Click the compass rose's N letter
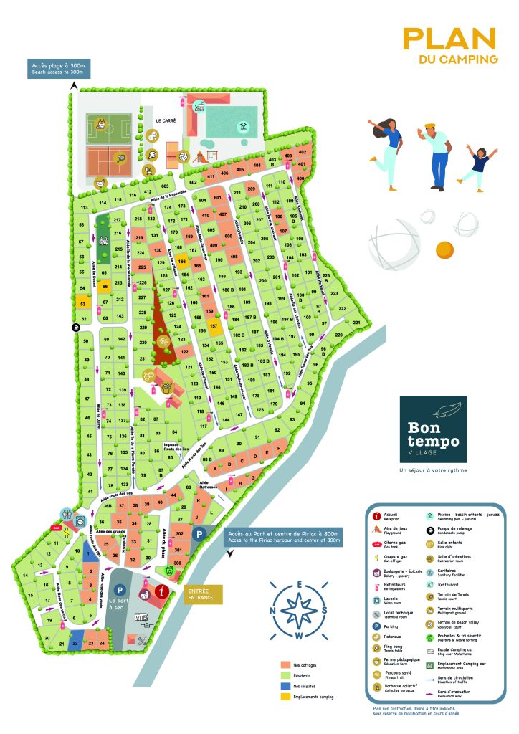(x=273, y=611)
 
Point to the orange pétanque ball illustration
(x=445, y=249)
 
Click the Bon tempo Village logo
(x=433, y=429)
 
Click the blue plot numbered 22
(x=76, y=643)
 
